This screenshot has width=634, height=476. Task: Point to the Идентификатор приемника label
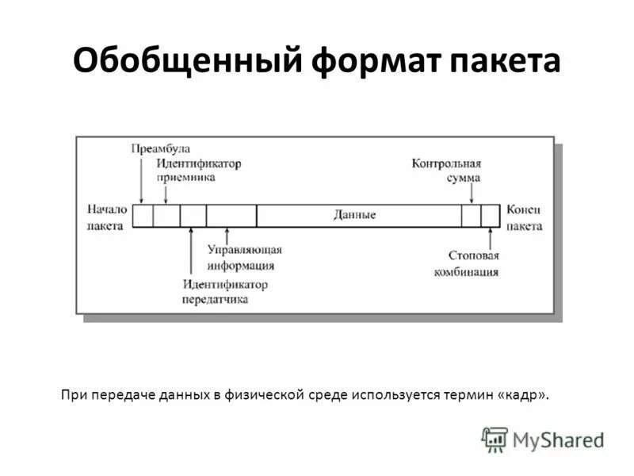(x=198, y=170)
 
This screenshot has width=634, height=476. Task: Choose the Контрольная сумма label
(x=447, y=171)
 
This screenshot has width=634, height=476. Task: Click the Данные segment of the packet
(x=354, y=215)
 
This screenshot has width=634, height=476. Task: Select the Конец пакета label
(x=524, y=217)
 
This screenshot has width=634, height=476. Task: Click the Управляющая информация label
(x=245, y=257)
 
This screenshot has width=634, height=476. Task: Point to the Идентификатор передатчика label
(x=225, y=291)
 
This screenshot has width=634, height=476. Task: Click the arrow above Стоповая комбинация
(x=490, y=237)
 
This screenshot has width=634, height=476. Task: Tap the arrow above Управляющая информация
(x=227, y=236)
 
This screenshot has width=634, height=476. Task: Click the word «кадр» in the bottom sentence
(x=521, y=394)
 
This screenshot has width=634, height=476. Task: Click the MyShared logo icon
(x=495, y=439)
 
